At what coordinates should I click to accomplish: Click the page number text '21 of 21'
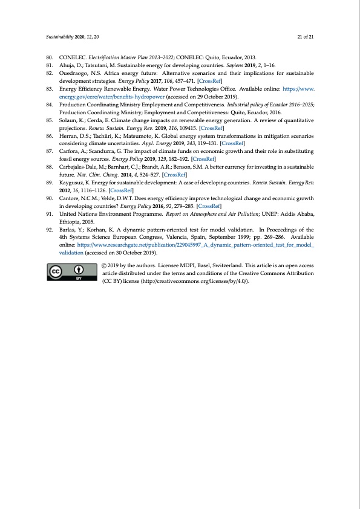coord(305,37)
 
